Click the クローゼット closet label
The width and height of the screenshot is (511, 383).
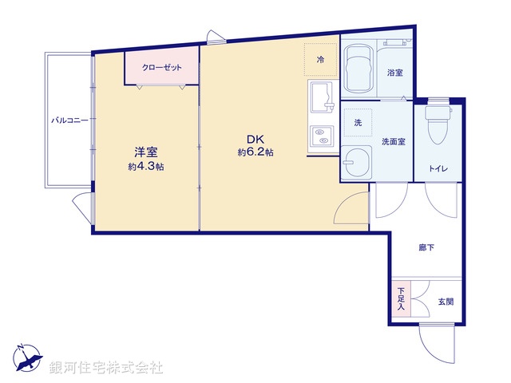(x=161, y=68)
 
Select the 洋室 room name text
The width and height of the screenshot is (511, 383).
(x=144, y=152)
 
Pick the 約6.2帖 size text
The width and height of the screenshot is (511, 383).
(x=255, y=152)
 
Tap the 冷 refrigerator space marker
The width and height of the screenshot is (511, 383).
(x=320, y=58)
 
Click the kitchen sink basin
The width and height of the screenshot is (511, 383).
(x=322, y=97)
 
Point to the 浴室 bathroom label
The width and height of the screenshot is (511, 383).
(x=394, y=73)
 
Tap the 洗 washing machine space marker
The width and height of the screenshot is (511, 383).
(x=358, y=123)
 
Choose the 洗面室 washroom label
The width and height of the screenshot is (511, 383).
(x=393, y=141)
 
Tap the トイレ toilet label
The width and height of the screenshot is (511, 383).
(x=438, y=168)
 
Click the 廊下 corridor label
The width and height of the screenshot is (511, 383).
(x=426, y=247)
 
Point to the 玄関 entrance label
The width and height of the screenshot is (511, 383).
(x=445, y=302)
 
